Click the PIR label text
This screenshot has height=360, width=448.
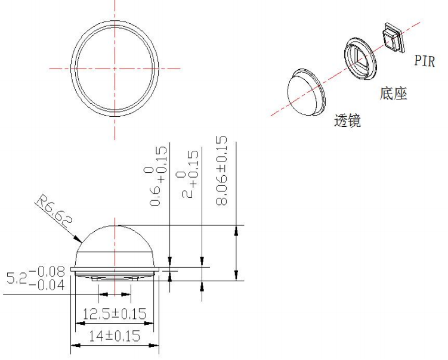click(425, 61)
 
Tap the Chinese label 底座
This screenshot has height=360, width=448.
click(393, 94)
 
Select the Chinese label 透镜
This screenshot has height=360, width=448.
click(347, 120)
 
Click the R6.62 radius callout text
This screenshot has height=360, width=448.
click(54, 211)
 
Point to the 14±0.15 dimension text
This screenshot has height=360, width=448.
click(115, 336)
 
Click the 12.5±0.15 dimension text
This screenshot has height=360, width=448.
click(115, 314)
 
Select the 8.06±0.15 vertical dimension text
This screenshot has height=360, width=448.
click(222, 170)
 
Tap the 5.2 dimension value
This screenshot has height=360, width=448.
click(17, 278)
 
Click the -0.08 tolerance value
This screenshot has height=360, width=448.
click(47, 272)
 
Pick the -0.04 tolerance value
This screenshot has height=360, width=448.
click(47, 285)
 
